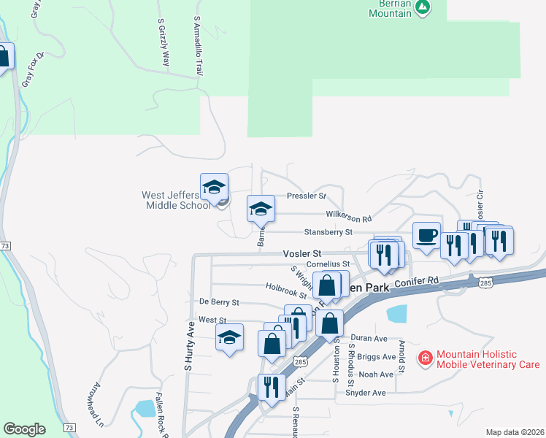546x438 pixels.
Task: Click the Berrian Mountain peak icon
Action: point(422,7)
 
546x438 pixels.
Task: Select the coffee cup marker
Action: point(427,235)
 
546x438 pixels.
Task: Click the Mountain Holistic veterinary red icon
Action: point(425,358)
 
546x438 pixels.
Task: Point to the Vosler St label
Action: point(297,253)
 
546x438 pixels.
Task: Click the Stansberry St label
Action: point(328,232)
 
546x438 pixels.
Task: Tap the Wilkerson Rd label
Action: point(348,218)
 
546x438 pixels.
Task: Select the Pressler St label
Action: point(306,196)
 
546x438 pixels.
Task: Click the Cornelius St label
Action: point(328,264)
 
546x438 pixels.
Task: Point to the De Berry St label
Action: point(219,301)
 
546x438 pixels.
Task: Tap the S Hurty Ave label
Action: point(190,340)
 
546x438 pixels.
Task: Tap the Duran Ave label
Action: point(369,339)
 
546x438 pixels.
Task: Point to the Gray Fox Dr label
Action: point(34,69)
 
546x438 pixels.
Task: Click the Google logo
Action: point(25,429)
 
